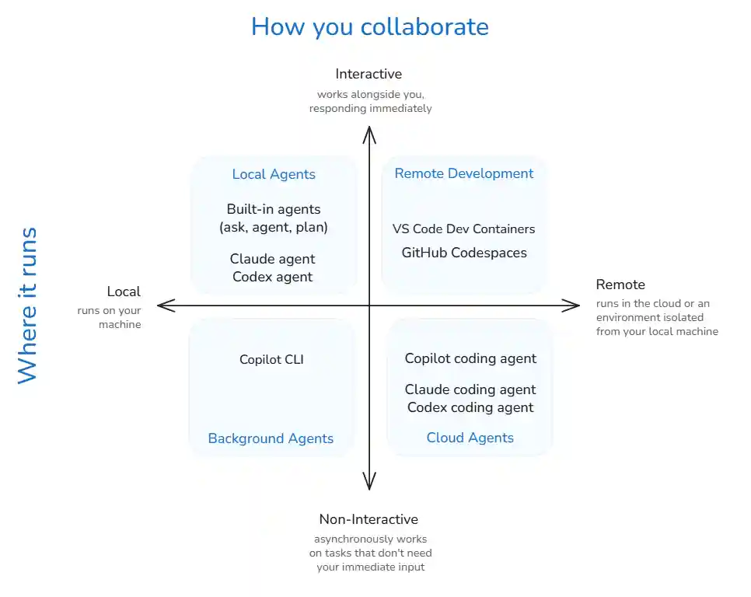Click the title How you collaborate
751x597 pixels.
[369, 26]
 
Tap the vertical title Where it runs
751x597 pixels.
[27, 305]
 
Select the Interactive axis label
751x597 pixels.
[369, 74]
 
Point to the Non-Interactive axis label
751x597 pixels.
[369, 519]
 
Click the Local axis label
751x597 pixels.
[124, 292]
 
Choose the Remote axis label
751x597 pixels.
[620, 285]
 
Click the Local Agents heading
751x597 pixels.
[274, 174]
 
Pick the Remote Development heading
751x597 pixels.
[464, 173]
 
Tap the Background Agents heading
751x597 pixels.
[271, 438]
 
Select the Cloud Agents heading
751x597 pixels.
[470, 438]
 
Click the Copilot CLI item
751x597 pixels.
[272, 359]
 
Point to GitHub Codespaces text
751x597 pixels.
[464, 253]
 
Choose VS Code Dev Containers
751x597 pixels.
[464, 229]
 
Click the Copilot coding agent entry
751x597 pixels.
[470, 358]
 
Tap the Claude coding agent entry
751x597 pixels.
[470, 389]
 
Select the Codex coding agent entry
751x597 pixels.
[470, 407]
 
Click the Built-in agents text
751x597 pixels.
[274, 209]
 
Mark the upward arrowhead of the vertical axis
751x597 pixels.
[370, 134]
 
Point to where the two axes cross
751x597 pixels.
[370, 306]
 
